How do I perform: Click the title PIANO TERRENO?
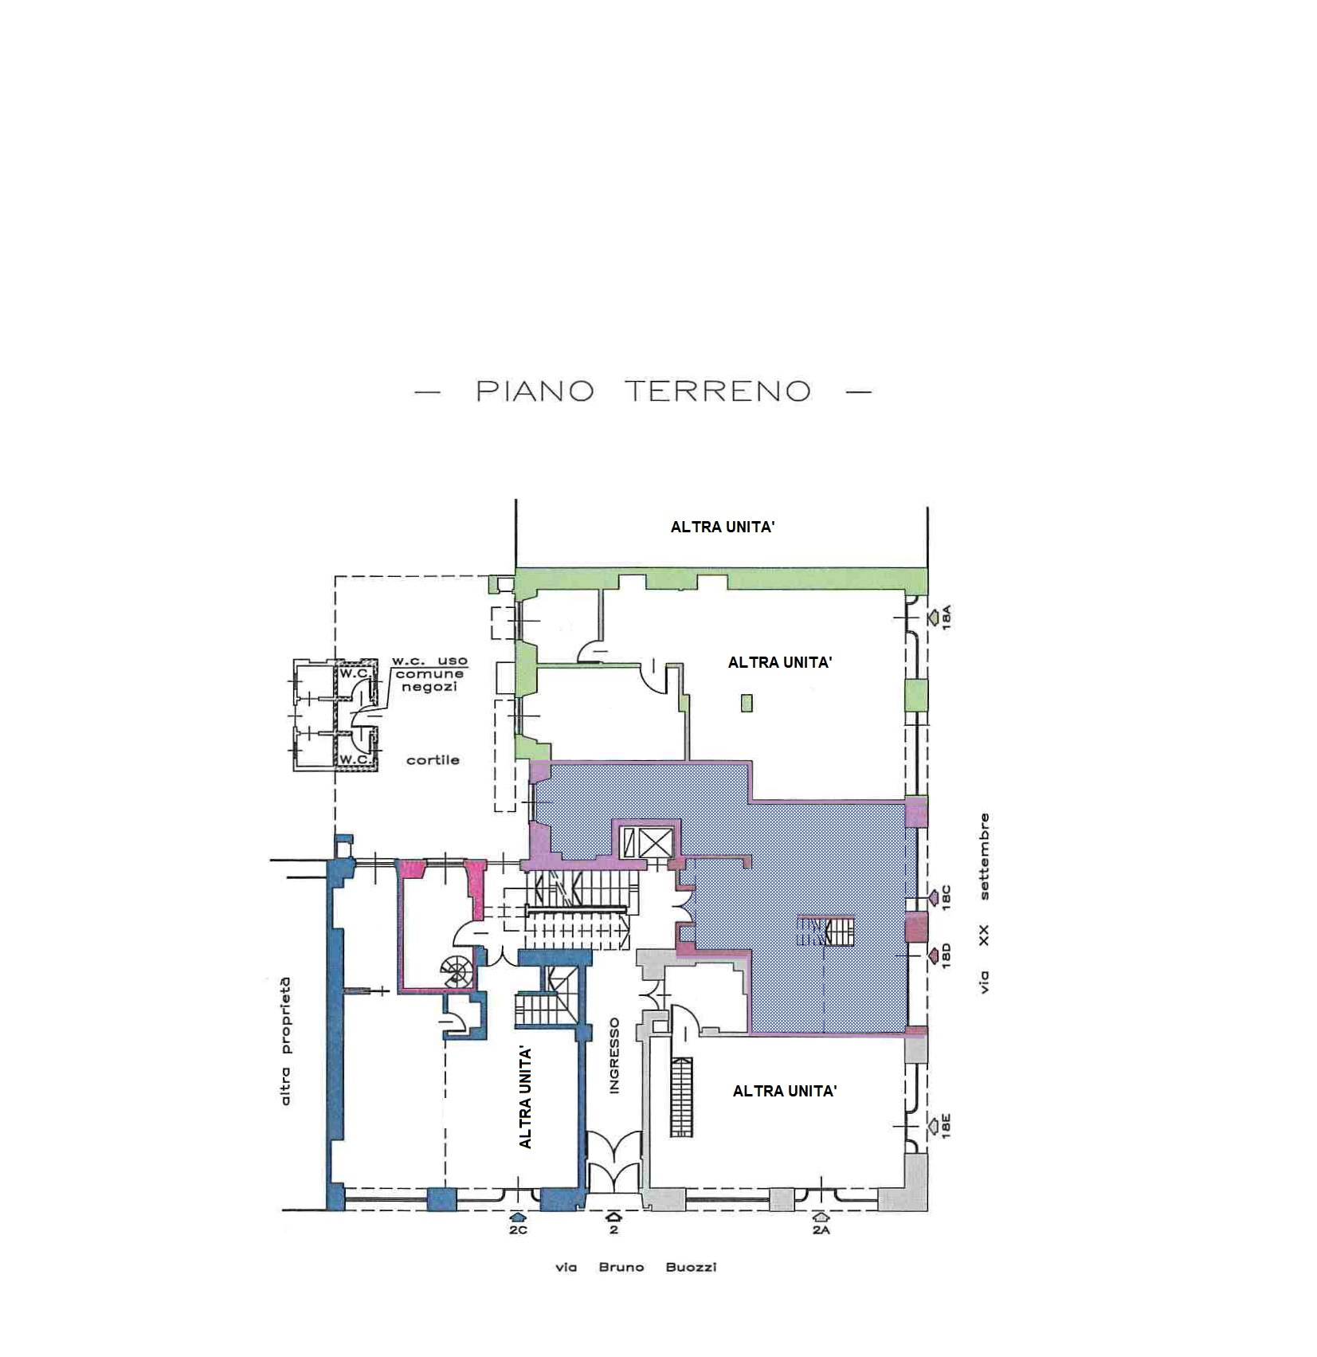click(643, 390)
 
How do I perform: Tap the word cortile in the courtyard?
click(433, 760)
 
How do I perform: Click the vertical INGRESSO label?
click(614, 1056)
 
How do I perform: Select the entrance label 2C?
click(518, 1230)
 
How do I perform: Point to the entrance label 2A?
click(821, 1230)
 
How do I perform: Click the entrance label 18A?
click(947, 618)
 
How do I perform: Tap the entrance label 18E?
click(946, 1126)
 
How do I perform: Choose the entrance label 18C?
click(947, 897)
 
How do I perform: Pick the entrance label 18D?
click(947, 955)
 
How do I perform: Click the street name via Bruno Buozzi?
click(636, 1267)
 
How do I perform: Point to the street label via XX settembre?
click(985, 903)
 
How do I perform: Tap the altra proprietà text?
click(285, 1041)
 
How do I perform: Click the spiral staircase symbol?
click(456, 971)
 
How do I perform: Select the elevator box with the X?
click(656, 842)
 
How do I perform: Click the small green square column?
click(747, 703)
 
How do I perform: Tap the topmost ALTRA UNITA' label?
click(723, 527)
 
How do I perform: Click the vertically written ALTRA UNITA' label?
click(525, 1097)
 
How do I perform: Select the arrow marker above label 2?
click(613, 1217)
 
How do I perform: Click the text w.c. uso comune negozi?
click(429, 673)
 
